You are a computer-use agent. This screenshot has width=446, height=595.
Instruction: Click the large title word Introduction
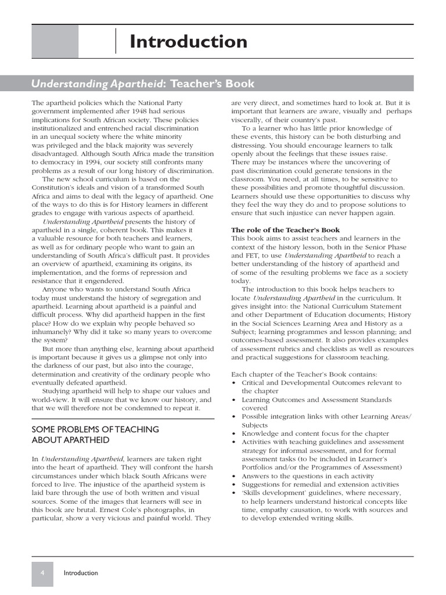point(188,42)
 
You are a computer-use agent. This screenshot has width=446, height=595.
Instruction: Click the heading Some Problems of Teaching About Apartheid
point(95,435)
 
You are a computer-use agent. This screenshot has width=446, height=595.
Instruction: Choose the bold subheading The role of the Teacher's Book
point(285,230)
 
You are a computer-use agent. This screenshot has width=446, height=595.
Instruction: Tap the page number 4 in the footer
point(42,572)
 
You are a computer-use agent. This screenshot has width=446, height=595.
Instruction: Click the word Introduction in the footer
point(81,573)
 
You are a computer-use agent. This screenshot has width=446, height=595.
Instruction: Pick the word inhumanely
point(55,331)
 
